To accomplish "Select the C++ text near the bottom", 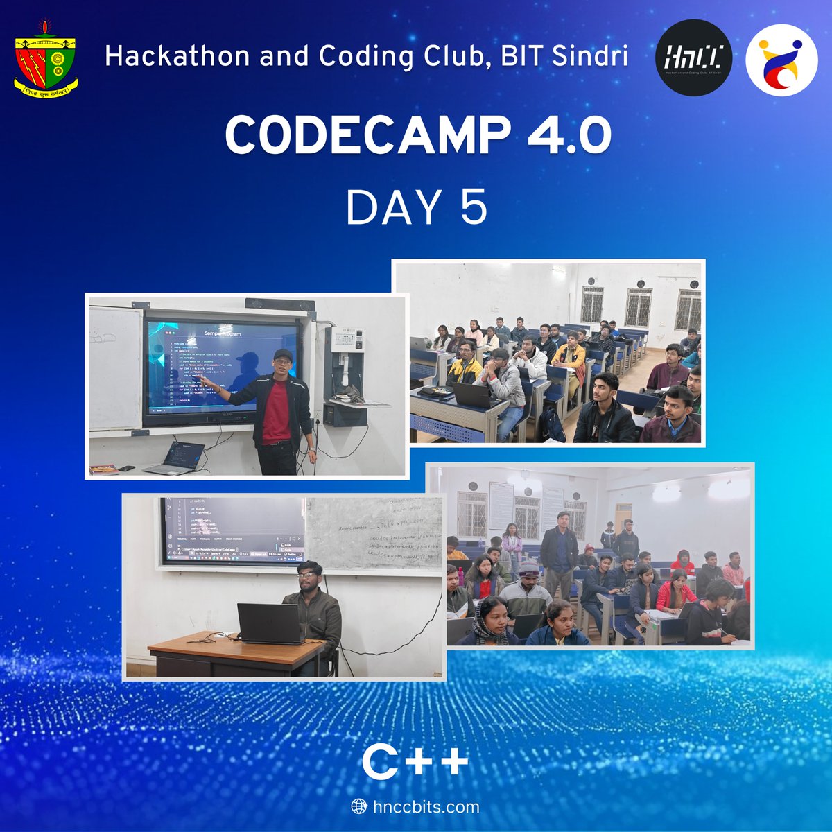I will point(415,763).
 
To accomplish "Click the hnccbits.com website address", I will point(425,806).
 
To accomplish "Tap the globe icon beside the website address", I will point(359,806).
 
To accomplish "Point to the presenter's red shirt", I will point(277,409).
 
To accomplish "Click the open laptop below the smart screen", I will point(176,458).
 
